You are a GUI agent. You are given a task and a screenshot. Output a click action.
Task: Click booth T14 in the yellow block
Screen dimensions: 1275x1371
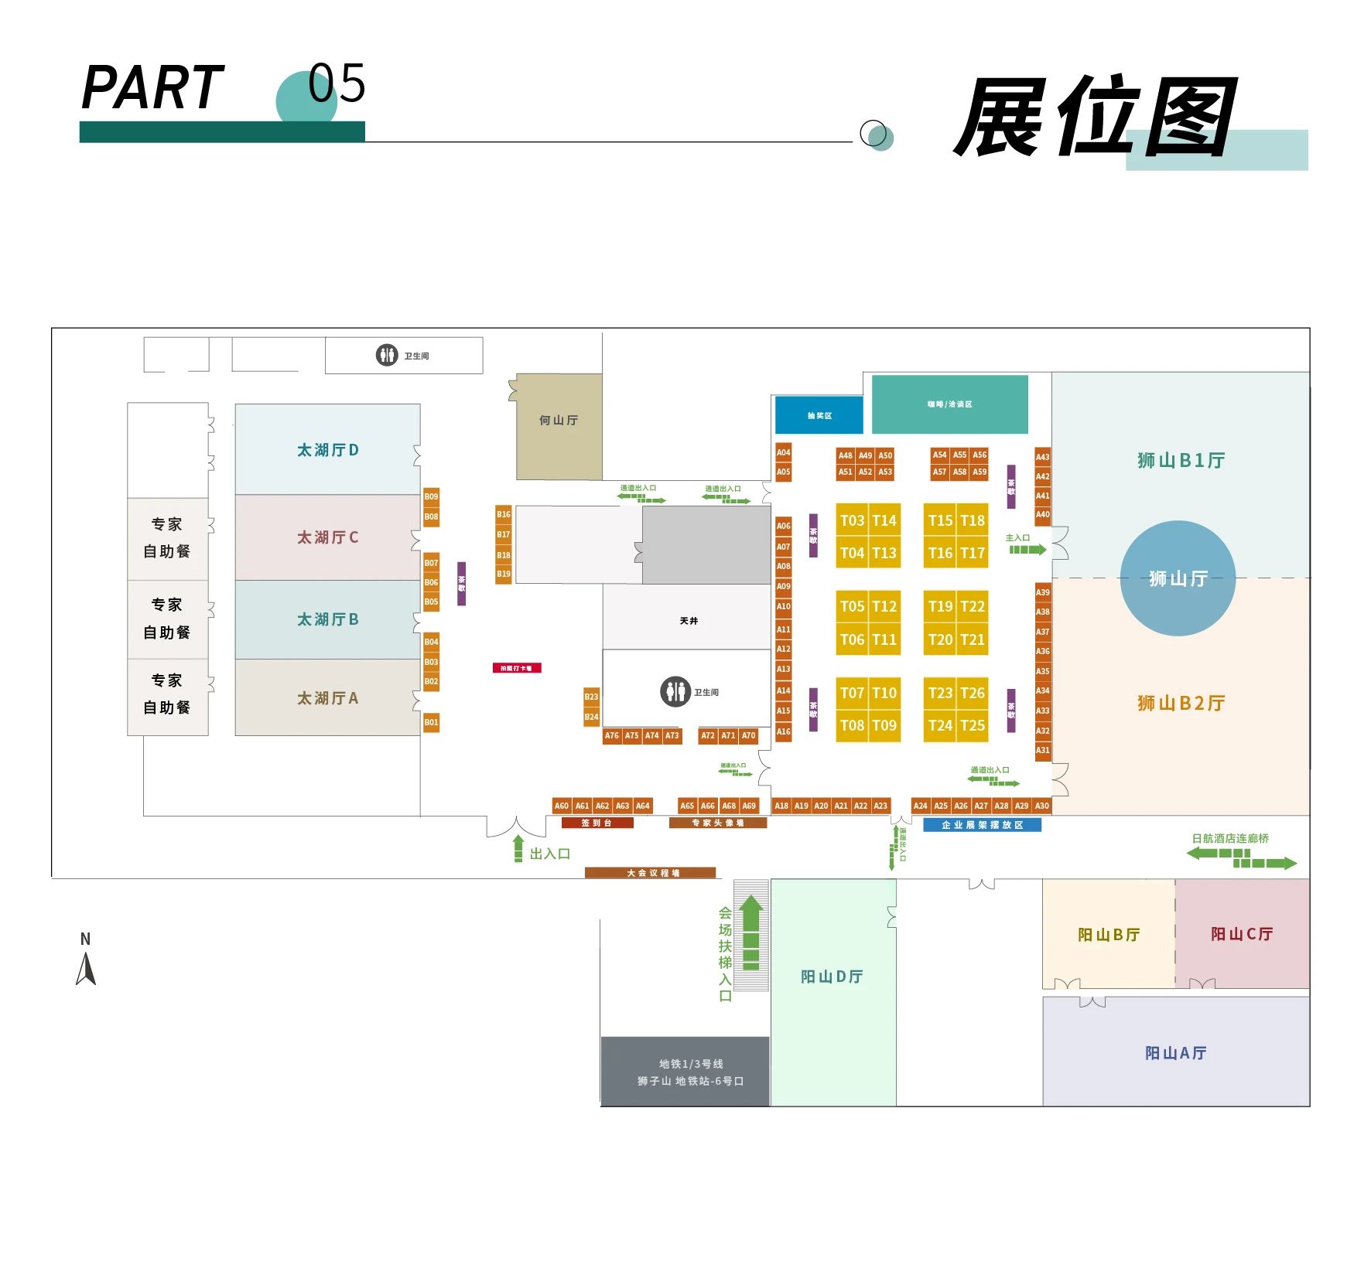tap(884, 520)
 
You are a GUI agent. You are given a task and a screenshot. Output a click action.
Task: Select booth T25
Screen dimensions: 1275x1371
tap(973, 725)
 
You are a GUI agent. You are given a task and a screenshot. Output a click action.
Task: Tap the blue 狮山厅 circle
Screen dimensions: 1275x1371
tap(1178, 578)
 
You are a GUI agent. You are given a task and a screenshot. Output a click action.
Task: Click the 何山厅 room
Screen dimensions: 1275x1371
tap(559, 426)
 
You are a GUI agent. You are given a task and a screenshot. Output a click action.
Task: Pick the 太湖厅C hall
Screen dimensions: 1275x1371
tap(327, 537)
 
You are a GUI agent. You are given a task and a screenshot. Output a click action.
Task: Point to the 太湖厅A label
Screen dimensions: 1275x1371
tap(327, 698)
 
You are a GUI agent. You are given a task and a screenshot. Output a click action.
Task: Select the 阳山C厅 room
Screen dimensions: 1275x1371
tap(1242, 933)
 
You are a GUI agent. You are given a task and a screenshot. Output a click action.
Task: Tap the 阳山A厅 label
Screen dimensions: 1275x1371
tap(1175, 1052)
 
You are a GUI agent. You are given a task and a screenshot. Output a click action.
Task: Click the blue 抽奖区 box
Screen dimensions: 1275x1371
tap(819, 415)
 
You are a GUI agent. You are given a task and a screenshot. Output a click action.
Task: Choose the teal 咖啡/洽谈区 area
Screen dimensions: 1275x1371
tap(949, 404)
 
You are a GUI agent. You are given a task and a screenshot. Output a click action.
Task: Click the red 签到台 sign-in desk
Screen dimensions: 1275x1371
tap(597, 823)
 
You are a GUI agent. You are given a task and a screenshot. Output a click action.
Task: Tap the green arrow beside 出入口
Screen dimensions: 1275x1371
tap(518, 848)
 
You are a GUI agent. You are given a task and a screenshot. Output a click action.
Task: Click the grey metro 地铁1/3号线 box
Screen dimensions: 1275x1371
tap(685, 1072)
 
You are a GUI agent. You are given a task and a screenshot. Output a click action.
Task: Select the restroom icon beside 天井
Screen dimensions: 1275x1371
tap(675, 691)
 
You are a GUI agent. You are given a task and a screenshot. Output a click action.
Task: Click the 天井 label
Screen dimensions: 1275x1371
tap(689, 621)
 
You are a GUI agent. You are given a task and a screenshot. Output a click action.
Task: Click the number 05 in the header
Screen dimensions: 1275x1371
tap(337, 83)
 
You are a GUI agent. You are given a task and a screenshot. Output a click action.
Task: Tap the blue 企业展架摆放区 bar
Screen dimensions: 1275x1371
tap(982, 825)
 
